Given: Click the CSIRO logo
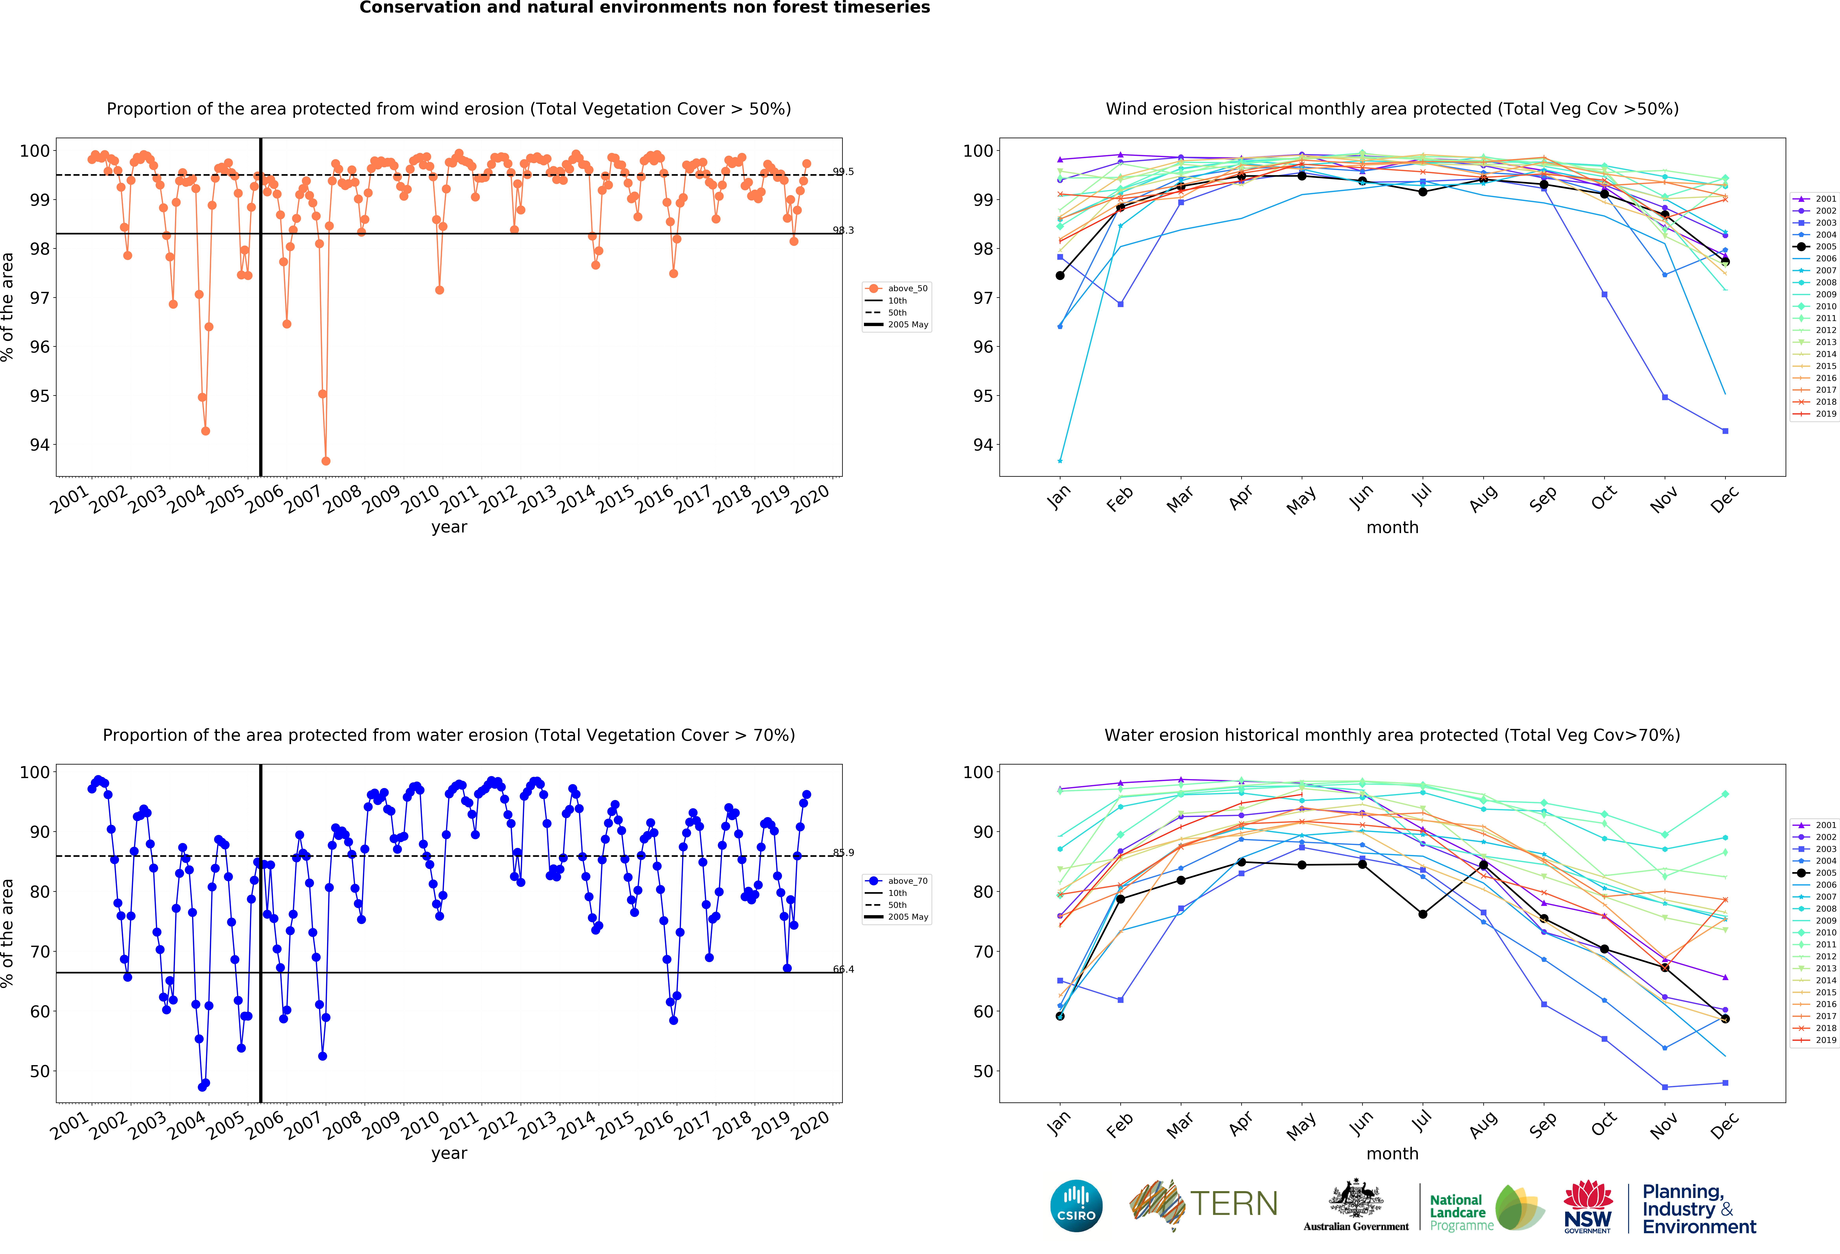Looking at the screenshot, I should [x=1076, y=1206].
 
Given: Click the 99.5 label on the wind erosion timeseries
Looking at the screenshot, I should [x=843, y=172].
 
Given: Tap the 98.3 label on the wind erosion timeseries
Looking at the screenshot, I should [x=843, y=230].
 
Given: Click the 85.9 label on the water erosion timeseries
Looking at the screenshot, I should [x=843, y=853].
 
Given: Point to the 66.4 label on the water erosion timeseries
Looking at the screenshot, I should [x=843, y=969].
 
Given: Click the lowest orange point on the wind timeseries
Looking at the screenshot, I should [x=325, y=461].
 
